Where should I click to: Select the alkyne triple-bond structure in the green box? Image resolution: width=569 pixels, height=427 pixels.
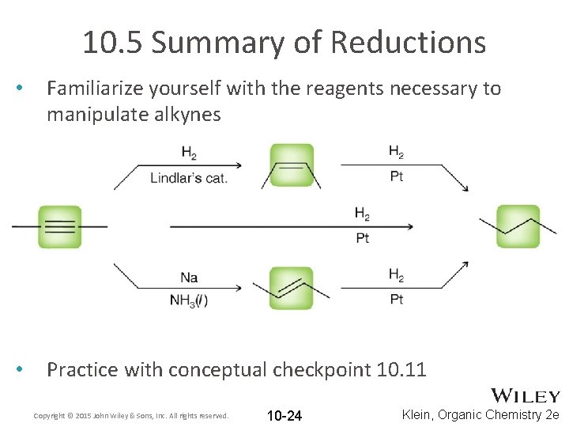[x=59, y=226]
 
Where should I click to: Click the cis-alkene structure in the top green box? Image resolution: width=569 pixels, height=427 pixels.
[x=292, y=165]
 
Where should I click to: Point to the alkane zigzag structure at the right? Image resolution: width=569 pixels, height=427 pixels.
[x=518, y=227]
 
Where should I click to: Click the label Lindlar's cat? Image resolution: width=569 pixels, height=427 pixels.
[x=189, y=178]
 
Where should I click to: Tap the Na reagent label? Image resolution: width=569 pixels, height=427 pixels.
[x=189, y=278]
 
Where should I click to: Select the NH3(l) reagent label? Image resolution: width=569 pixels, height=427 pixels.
[x=189, y=300]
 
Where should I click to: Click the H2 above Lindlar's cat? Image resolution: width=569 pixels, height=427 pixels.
[x=189, y=153]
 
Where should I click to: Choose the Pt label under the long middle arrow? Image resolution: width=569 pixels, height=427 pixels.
[x=363, y=238]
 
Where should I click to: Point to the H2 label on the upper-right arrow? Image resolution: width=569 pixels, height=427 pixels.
[x=397, y=152]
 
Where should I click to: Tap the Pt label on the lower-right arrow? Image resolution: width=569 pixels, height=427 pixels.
[x=397, y=300]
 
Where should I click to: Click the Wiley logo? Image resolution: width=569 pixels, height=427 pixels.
[x=526, y=396]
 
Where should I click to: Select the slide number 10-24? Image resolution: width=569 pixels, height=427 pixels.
[x=284, y=416]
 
